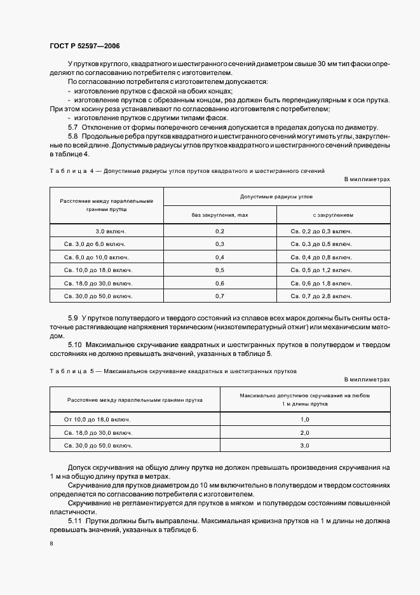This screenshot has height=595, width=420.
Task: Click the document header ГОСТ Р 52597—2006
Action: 85,46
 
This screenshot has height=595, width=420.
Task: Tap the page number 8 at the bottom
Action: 51,544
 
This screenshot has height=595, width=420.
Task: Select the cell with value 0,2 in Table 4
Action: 220,231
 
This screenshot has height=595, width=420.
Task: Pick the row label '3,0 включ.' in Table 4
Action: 107,231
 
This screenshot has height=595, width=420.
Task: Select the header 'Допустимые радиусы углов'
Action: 276,197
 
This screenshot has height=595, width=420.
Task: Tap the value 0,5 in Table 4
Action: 220,270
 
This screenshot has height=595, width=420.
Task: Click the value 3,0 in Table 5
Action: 304,446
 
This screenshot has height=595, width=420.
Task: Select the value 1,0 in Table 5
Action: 304,420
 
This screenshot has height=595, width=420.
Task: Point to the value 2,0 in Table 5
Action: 304,433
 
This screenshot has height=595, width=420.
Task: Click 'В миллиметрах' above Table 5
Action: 367,379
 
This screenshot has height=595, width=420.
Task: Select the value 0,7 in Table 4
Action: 220,296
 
